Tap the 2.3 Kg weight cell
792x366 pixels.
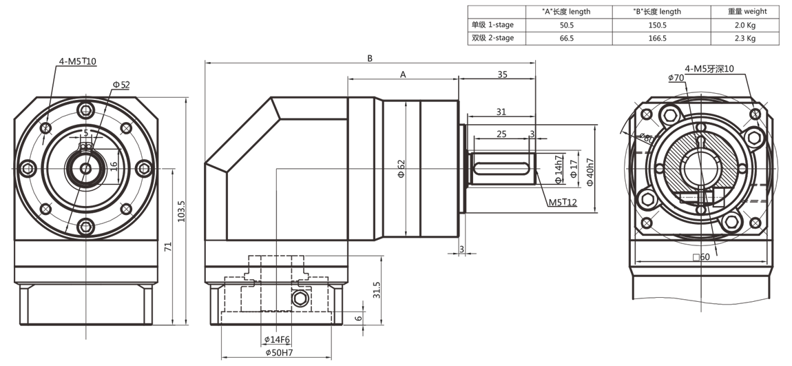point(745,39)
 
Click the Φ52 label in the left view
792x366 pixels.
point(121,84)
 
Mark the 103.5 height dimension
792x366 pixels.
point(181,210)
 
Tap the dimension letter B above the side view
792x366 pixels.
point(370,59)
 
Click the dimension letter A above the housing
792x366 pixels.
point(403,74)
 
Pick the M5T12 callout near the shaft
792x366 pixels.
point(563,203)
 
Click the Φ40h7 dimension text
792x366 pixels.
point(590,169)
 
